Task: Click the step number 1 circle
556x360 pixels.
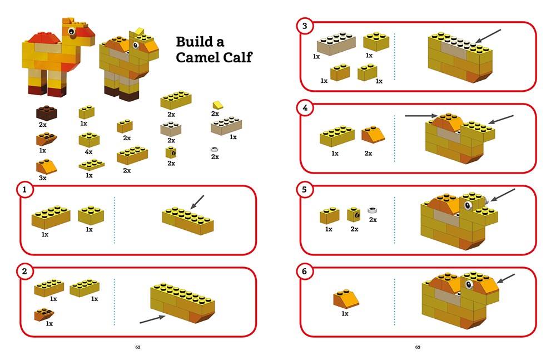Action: [x=24, y=190]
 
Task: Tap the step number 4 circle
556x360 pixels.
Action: [x=305, y=109]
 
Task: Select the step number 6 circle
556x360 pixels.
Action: [x=305, y=272]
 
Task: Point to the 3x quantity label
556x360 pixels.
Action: [x=43, y=178]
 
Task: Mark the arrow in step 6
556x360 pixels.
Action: [x=505, y=278]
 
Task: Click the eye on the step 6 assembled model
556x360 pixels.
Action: [x=469, y=286]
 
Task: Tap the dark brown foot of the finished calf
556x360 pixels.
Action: [x=129, y=96]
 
